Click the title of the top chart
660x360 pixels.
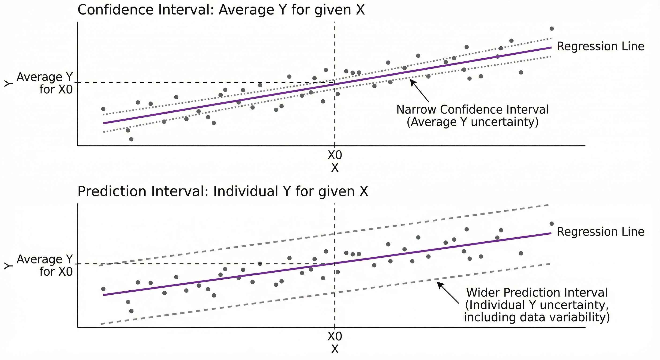(x=221, y=10)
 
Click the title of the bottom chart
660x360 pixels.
(x=222, y=191)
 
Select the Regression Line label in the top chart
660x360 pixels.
(x=600, y=47)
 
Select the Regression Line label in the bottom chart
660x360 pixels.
(x=600, y=232)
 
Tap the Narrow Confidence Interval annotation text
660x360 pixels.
(x=472, y=116)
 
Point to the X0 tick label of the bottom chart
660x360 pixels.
(x=335, y=336)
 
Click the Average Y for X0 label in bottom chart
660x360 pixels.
(x=45, y=266)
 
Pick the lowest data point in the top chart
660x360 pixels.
(x=131, y=139)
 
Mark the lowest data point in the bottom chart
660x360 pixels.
(x=131, y=311)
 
